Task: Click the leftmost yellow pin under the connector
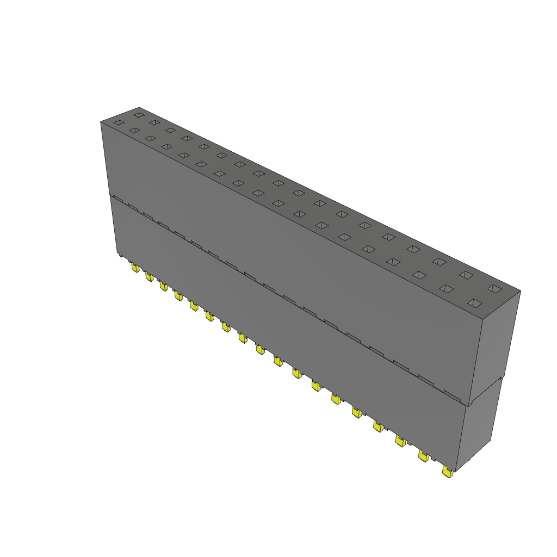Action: tap(134, 267)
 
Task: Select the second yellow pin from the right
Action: tap(423, 456)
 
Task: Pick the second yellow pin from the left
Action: tap(148, 276)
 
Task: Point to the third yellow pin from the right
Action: tap(400, 441)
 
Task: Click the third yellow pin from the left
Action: tap(163, 286)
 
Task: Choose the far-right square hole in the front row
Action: tap(475, 302)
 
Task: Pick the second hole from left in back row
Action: tap(154, 122)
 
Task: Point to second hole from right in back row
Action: tap(466, 275)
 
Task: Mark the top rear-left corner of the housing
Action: tap(139, 108)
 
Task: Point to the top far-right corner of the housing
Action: tap(520, 291)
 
